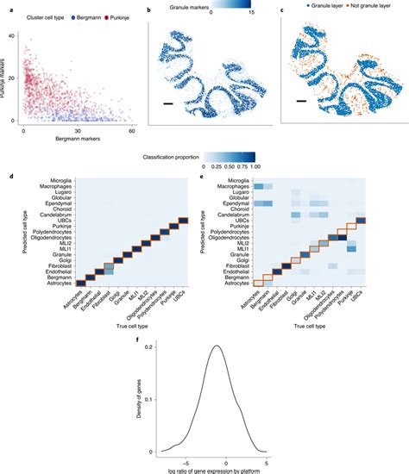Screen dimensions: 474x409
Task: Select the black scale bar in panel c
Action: (301, 101)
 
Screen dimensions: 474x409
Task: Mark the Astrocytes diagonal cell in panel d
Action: (79, 282)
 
